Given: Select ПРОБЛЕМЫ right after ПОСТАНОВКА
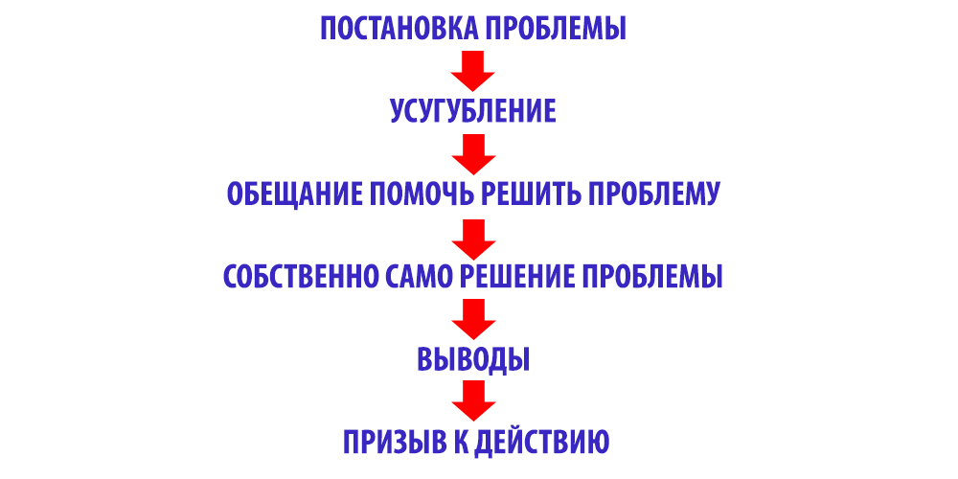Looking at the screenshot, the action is tap(556, 29).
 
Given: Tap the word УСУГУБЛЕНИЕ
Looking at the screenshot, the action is tap(473, 111).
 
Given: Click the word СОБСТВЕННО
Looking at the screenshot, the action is tap(299, 277).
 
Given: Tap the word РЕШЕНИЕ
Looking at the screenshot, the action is tap(515, 277).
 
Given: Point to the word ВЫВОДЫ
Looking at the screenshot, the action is tap(473, 359).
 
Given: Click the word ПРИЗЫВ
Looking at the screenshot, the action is tap(396, 442).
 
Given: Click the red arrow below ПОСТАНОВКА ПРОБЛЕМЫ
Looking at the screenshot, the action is tap(473, 70).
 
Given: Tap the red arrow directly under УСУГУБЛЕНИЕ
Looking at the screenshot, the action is tap(473, 154).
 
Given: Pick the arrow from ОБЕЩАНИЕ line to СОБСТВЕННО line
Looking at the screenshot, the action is tap(473, 239).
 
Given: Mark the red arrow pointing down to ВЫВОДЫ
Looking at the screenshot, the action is tap(473, 319).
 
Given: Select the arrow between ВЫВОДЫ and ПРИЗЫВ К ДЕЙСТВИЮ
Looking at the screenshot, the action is tap(473, 400).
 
